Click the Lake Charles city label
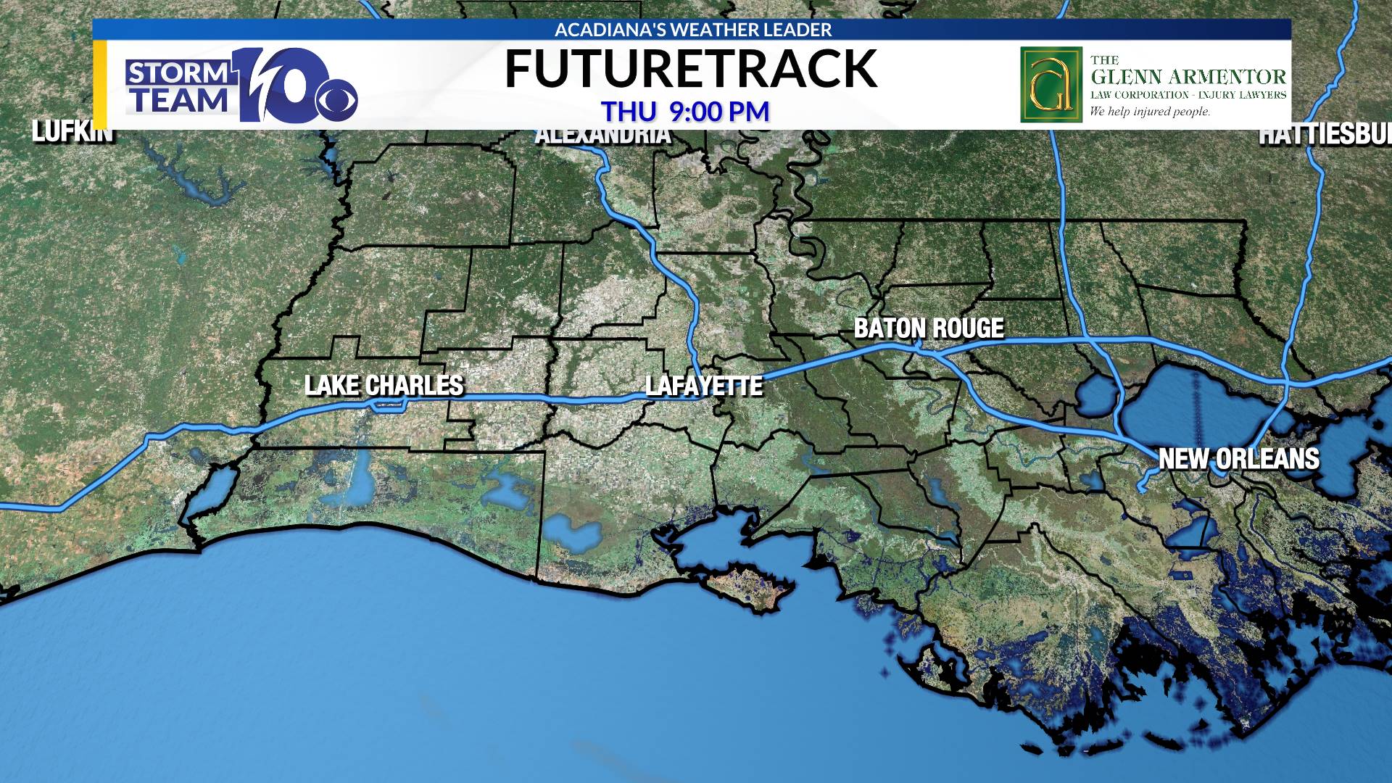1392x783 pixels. [x=384, y=385]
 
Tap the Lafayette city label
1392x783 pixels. [x=704, y=386]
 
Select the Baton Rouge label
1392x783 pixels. [x=929, y=328]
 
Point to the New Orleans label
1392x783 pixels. [x=1238, y=459]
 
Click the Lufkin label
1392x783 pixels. [x=72, y=133]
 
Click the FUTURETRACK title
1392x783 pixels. [x=690, y=69]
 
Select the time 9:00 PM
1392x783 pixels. [x=718, y=112]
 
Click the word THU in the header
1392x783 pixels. [x=629, y=112]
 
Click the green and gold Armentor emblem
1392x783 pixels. [x=1051, y=85]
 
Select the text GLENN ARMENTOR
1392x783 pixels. [x=1188, y=77]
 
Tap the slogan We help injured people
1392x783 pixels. [x=1150, y=112]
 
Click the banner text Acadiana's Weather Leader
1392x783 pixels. [x=692, y=30]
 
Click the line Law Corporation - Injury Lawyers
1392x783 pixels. [x=1188, y=95]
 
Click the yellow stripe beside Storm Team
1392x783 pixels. [x=100, y=85]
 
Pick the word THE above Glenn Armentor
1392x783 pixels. [x=1104, y=60]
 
